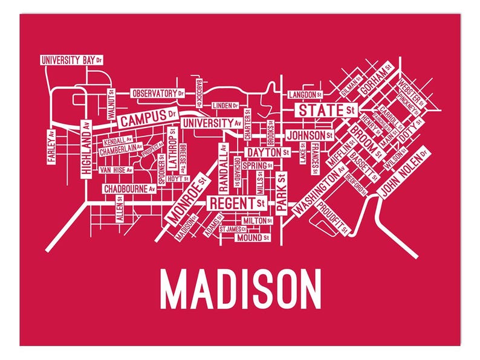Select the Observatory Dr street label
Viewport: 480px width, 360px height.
pyautogui.click(x=157, y=94)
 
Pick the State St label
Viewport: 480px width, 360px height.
pyautogui.click(x=324, y=111)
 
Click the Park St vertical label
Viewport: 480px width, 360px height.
pyautogui.click(x=281, y=192)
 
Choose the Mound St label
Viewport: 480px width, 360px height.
pyautogui.click(x=252, y=238)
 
